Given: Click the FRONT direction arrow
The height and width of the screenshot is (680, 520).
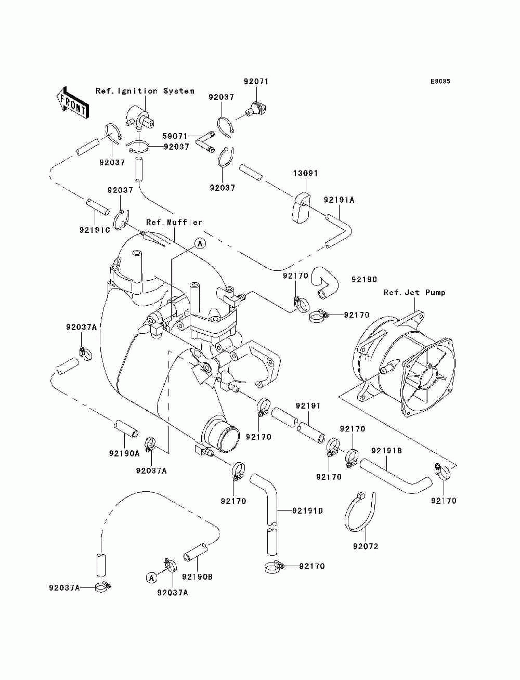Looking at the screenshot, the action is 72,102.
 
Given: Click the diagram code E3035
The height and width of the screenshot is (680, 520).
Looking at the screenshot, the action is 440,82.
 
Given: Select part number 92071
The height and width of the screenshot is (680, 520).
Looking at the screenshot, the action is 256,82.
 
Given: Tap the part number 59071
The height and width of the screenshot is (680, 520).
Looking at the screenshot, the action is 175,136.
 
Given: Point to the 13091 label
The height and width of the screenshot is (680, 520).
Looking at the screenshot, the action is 306,173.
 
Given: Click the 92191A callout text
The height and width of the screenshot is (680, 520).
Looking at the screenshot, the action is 339,200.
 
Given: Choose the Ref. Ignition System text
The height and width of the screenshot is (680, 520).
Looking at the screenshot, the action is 145,91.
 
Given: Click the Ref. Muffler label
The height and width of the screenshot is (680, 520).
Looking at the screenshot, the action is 174,223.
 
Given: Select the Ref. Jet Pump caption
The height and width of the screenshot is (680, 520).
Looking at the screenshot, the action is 414,293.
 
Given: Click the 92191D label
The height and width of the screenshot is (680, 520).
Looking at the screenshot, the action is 307,511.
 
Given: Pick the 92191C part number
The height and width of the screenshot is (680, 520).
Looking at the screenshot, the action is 95,230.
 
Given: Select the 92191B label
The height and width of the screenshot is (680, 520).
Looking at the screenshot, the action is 386,451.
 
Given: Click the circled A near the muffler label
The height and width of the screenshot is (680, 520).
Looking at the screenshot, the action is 200,244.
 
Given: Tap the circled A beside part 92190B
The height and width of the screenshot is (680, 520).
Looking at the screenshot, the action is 151,578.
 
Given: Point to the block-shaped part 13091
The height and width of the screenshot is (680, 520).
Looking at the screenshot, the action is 301,207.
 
